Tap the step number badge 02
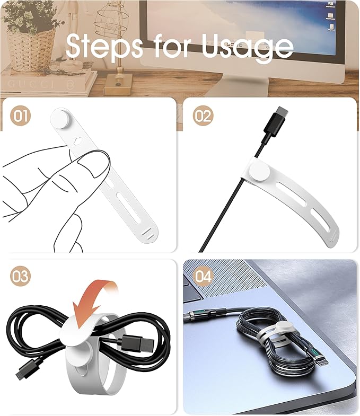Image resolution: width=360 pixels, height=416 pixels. click(x=202, y=116)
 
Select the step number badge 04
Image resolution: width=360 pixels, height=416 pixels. click(x=203, y=277)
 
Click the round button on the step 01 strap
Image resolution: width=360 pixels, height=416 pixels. click(x=61, y=118)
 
